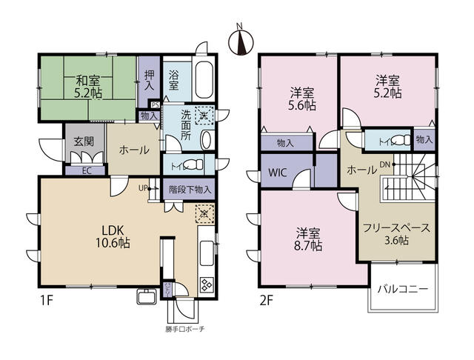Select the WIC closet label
tap(278, 173)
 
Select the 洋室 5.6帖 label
tap(301, 99)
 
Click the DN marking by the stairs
tap(386, 165)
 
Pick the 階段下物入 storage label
tap(190, 189)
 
